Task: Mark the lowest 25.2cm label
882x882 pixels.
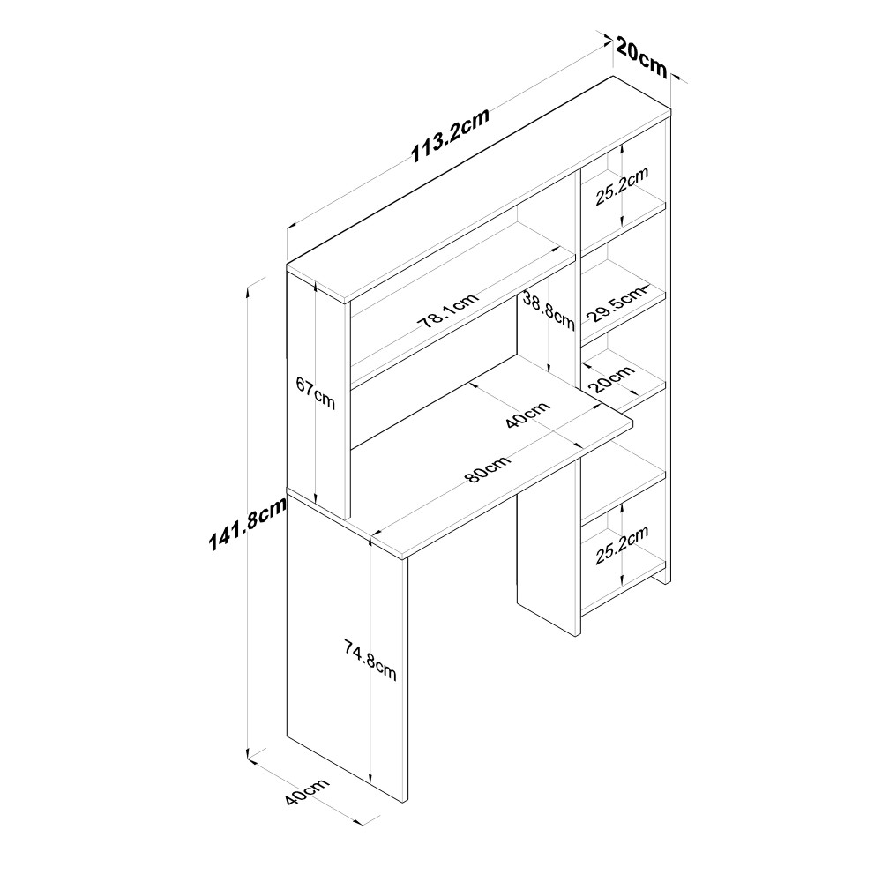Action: tap(622, 543)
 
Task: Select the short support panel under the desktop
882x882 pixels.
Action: tap(547, 564)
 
